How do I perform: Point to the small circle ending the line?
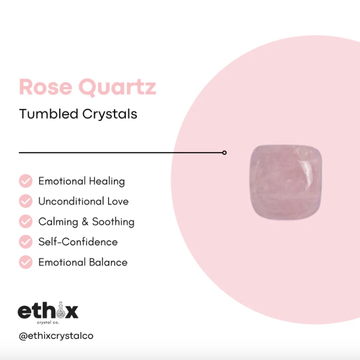click(225, 153)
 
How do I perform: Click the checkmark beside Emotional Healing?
click(26, 181)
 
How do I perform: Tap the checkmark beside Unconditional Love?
click(26, 201)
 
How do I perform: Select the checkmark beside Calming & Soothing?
click(26, 222)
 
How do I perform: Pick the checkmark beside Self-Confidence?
click(26, 242)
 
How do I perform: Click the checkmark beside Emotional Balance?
click(26, 262)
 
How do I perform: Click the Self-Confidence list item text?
click(78, 242)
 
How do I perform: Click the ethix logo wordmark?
click(48, 311)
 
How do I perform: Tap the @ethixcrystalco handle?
click(56, 336)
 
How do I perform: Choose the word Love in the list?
click(118, 201)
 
